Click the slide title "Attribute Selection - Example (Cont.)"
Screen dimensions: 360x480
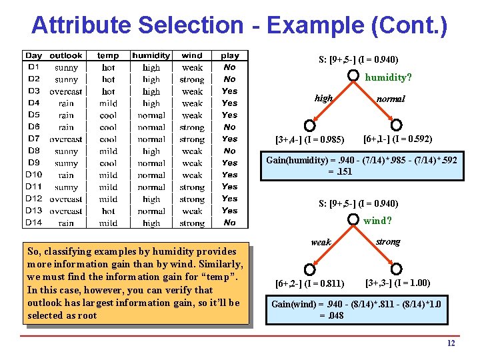(x=239, y=25)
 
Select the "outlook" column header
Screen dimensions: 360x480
(x=66, y=55)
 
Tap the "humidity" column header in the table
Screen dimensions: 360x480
(x=151, y=55)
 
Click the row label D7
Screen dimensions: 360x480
(x=33, y=139)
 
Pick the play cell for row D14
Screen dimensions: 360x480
(x=229, y=223)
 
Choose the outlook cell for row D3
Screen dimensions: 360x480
(x=66, y=91)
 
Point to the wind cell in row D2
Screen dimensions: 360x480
(x=192, y=79)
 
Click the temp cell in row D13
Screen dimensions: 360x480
(x=108, y=211)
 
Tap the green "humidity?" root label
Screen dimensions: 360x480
(x=388, y=77)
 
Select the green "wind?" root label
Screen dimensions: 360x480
(x=377, y=221)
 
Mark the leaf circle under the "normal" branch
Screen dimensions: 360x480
(x=396, y=125)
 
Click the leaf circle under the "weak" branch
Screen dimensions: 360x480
(x=309, y=269)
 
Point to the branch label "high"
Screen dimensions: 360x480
(x=324, y=98)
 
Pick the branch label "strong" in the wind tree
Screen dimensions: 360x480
(x=388, y=241)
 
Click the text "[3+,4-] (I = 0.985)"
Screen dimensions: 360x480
(x=309, y=140)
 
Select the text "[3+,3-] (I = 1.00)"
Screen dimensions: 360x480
(x=397, y=283)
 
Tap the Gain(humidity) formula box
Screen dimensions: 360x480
(x=363, y=167)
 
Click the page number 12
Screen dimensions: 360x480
(x=451, y=343)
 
